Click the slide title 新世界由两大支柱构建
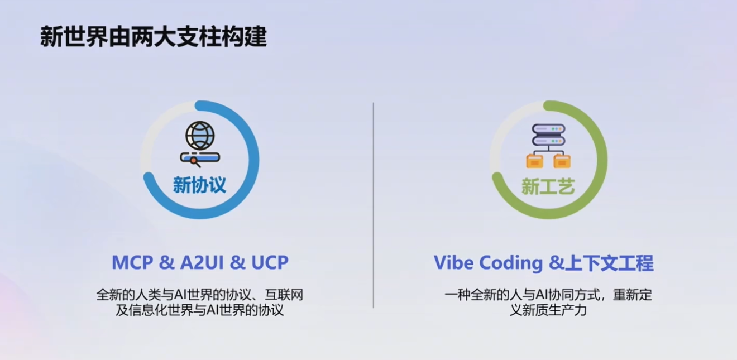pos(153,37)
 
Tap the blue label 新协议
pos(199,185)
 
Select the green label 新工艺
pos(548,186)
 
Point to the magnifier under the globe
pos(195,162)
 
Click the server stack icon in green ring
pos(548,135)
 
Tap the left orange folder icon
pos(534,161)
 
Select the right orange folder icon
pos(562,161)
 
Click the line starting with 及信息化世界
pos(200,310)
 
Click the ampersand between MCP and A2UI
pos(166,263)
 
